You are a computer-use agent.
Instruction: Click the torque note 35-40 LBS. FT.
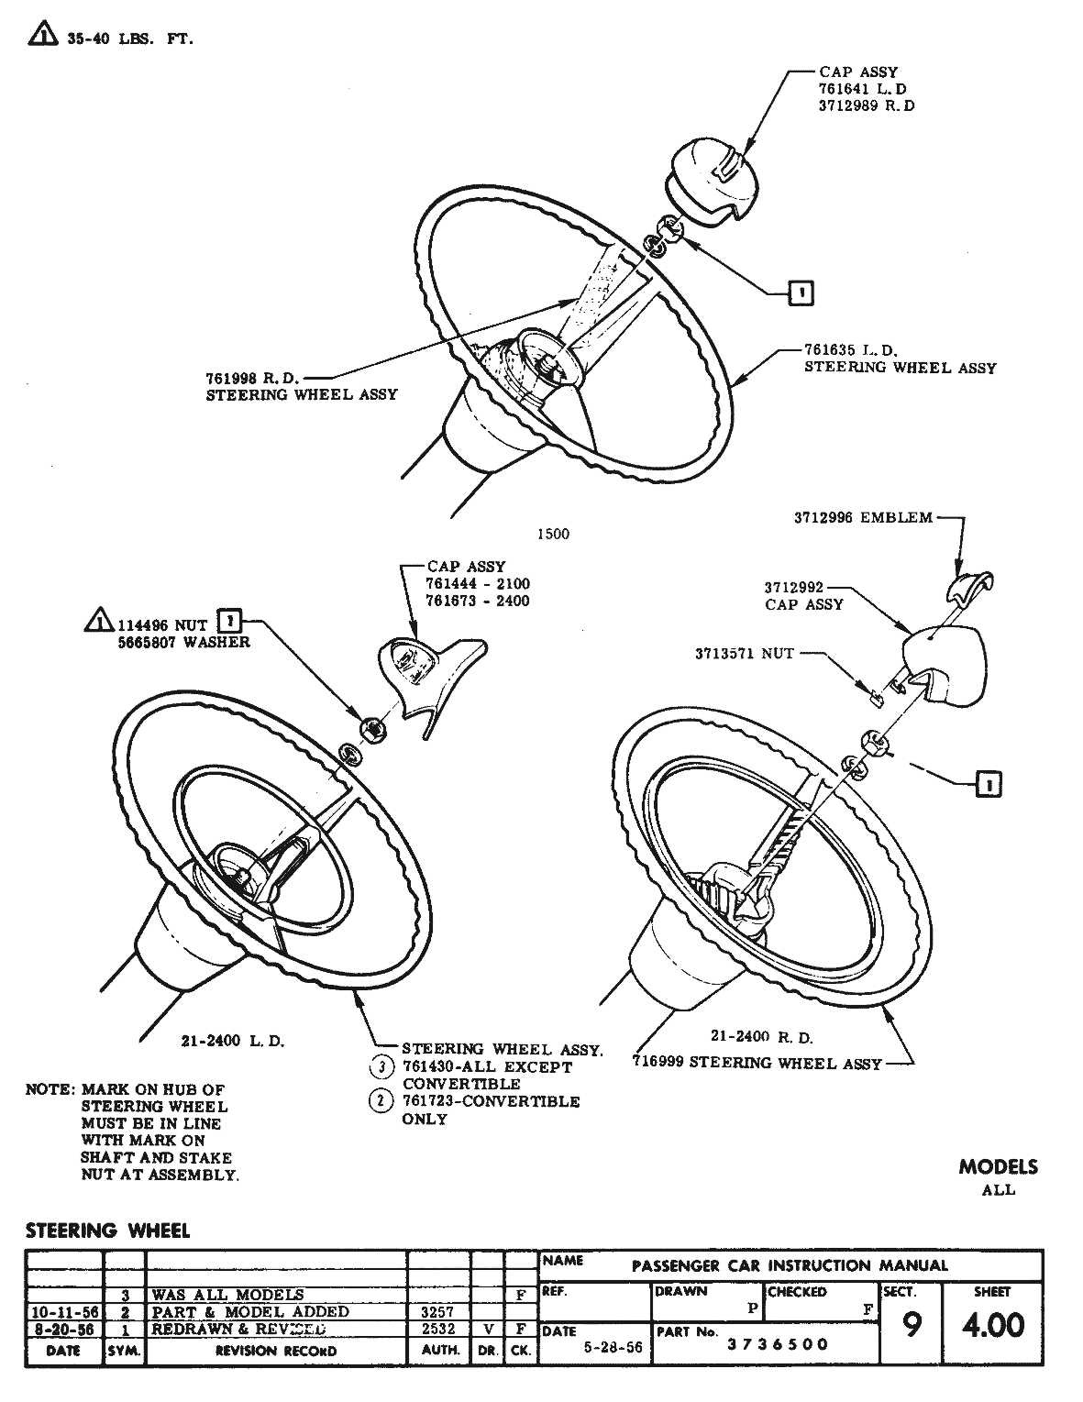click(x=129, y=39)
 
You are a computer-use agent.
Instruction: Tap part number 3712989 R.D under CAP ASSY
click(x=866, y=105)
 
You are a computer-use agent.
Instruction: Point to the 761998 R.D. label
click(x=253, y=377)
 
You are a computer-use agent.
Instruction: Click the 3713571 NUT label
click(x=744, y=654)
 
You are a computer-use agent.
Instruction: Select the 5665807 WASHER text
click(x=183, y=642)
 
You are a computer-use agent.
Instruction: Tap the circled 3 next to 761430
click(x=381, y=1066)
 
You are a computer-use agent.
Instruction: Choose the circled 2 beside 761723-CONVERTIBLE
click(x=381, y=1100)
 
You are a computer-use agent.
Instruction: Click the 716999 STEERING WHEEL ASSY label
click(x=757, y=1063)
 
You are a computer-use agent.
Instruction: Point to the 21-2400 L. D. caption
click(x=233, y=1041)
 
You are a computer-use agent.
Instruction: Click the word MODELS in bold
click(x=998, y=1167)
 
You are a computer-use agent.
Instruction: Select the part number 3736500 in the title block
click(x=778, y=1344)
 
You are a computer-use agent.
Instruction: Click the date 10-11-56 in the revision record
click(x=63, y=1312)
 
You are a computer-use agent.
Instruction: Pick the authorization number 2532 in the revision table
click(x=438, y=1329)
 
